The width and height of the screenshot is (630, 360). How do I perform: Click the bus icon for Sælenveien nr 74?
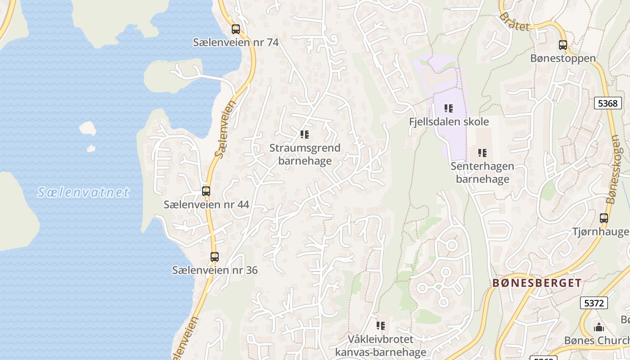tap(236, 29)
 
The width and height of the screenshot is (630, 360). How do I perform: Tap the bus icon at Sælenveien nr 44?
tap(206, 191)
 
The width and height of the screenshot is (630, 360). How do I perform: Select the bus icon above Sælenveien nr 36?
tap(215, 257)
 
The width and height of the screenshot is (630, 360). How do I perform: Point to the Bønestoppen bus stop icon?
tap(563, 45)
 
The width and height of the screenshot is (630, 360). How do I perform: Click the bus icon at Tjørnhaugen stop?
tap(604, 218)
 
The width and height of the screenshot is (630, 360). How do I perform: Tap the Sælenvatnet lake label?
tap(83, 193)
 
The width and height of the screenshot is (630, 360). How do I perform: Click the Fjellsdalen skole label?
tap(449, 121)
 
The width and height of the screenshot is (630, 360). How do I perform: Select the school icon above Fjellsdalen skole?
tap(449, 108)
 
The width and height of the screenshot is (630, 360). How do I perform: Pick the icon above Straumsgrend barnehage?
tap(305, 135)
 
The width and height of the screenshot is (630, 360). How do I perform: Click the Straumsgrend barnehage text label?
tap(305, 154)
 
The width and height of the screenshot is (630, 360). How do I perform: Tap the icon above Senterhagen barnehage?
tap(482, 153)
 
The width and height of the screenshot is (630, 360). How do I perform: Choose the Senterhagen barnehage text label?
tap(482, 172)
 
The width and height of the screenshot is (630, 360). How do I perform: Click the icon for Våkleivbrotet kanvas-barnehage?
tap(381, 325)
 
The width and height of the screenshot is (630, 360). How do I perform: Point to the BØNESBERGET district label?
tap(537, 283)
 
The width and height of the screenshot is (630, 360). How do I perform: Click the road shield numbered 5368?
tap(608, 103)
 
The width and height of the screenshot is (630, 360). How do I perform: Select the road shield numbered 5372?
tap(594, 303)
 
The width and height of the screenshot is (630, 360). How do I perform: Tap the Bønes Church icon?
tap(599, 327)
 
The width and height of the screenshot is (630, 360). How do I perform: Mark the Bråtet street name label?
tap(514, 22)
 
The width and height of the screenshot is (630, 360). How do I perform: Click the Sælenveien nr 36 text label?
tap(215, 270)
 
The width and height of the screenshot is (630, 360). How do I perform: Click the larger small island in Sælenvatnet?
tap(88, 128)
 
